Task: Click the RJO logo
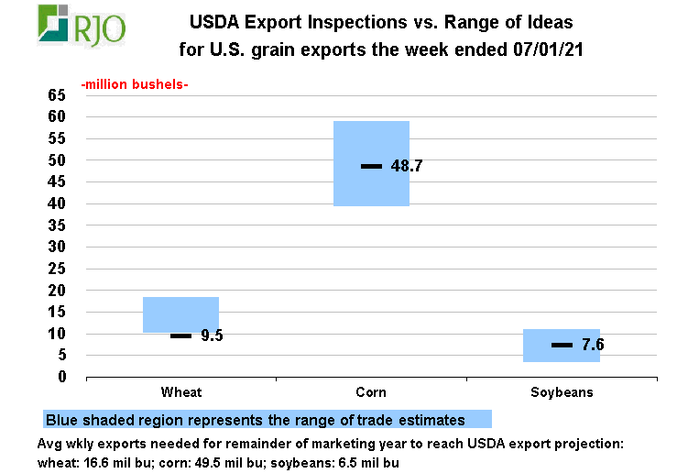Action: pyautogui.click(x=82, y=26)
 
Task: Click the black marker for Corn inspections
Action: pyautogui.click(x=371, y=166)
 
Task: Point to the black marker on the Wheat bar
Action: pyautogui.click(x=180, y=335)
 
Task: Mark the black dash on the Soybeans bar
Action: pyautogui.click(x=562, y=345)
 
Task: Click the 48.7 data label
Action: pyautogui.click(x=406, y=167)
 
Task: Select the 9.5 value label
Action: pyautogui.click(x=212, y=335)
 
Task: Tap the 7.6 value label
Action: pyautogui.click(x=593, y=346)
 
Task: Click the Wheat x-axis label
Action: pyautogui.click(x=181, y=392)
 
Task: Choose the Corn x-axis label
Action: pyautogui.click(x=371, y=392)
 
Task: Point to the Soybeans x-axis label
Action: pyautogui.click(x=562, y=392)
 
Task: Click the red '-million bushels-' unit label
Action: pyautogui.click(x=135, y=85)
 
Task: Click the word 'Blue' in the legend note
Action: pyautogui.click(x=63, y=420)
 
